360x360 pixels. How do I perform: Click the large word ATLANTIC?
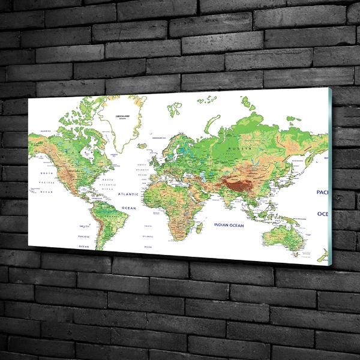[128, 194]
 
